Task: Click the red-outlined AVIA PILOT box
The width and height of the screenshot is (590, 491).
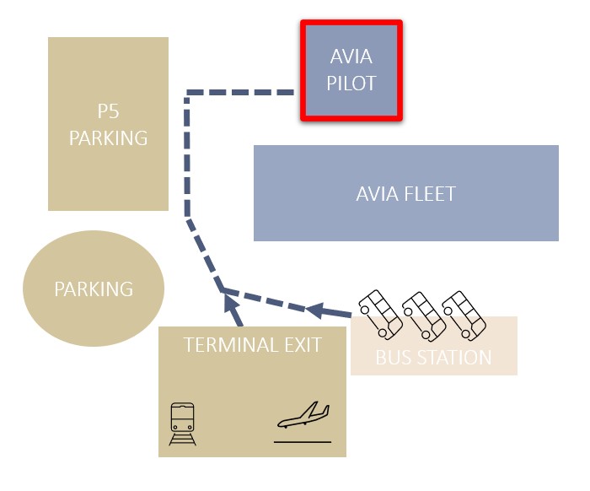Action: (351, 71)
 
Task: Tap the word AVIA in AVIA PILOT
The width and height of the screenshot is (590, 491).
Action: (351, 58)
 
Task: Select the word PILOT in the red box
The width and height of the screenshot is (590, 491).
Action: (351, 84)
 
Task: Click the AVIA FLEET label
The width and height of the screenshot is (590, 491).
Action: (405, 194)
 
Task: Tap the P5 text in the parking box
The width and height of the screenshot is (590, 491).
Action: (108, 112)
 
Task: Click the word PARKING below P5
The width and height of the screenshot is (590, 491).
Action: (108, 138)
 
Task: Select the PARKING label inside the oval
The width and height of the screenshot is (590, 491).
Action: (94, 289)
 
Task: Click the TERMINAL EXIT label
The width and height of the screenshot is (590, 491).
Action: (252, 344)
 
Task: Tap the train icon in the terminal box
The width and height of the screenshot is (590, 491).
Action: (183, 423)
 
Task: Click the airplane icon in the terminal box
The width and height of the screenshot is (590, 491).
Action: (303, 418)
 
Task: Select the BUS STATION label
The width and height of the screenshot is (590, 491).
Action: (433, 358)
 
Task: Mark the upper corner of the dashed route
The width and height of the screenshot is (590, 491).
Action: (188, 93)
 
